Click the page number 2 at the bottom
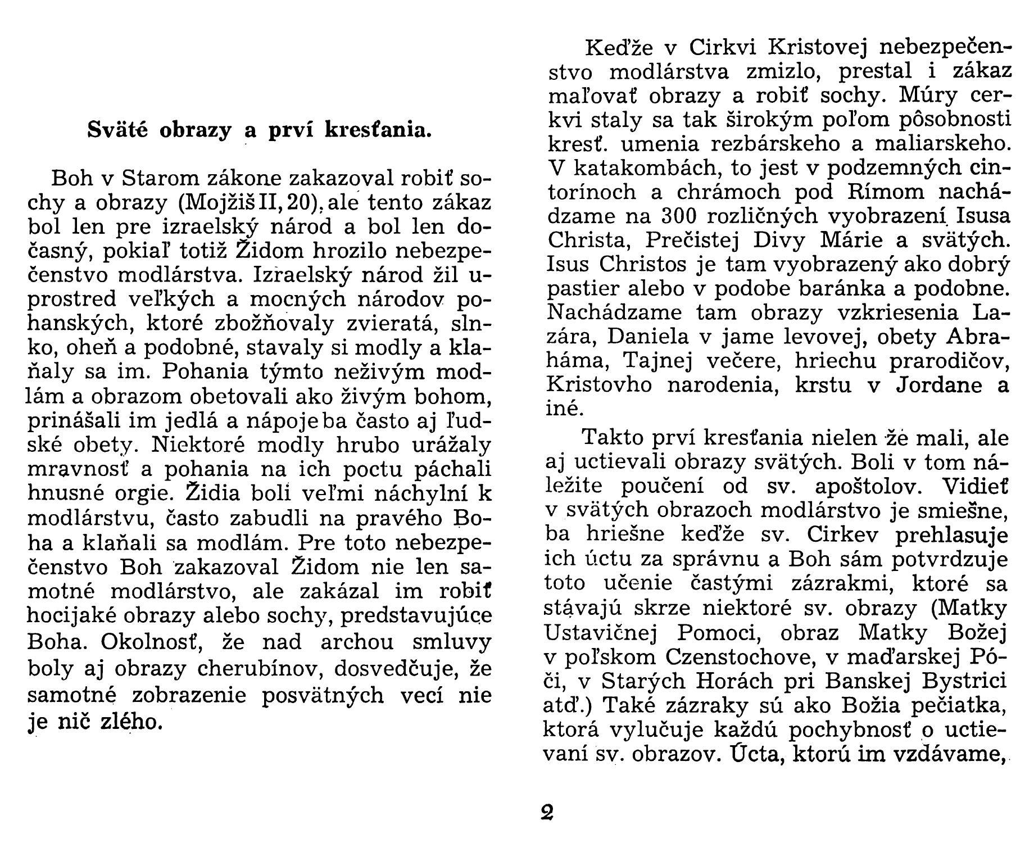[x=547, y=813]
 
